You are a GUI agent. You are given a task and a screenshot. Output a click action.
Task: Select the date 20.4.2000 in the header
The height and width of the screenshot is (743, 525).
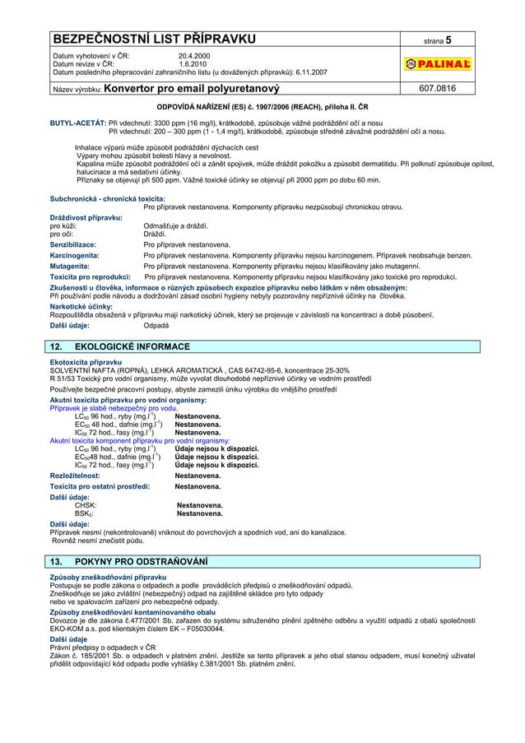[195, 56]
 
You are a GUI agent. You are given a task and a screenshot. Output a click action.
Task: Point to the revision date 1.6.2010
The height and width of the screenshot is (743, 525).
[193, 64]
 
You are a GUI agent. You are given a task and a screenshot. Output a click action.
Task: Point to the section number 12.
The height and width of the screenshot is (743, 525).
[58, 346]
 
